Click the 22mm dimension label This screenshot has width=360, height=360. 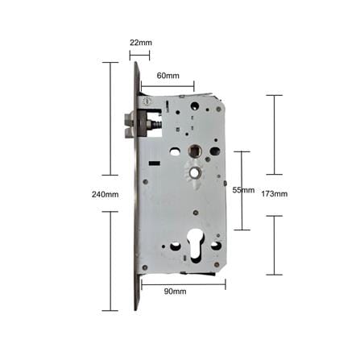141,43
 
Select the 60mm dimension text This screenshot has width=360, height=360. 168,76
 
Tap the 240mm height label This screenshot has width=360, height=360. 105,194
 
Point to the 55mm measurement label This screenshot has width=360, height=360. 243,190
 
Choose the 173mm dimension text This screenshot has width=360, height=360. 275,193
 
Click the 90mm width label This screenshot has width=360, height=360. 175,292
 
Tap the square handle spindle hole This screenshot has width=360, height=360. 194,151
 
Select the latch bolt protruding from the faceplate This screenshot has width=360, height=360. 130,125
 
